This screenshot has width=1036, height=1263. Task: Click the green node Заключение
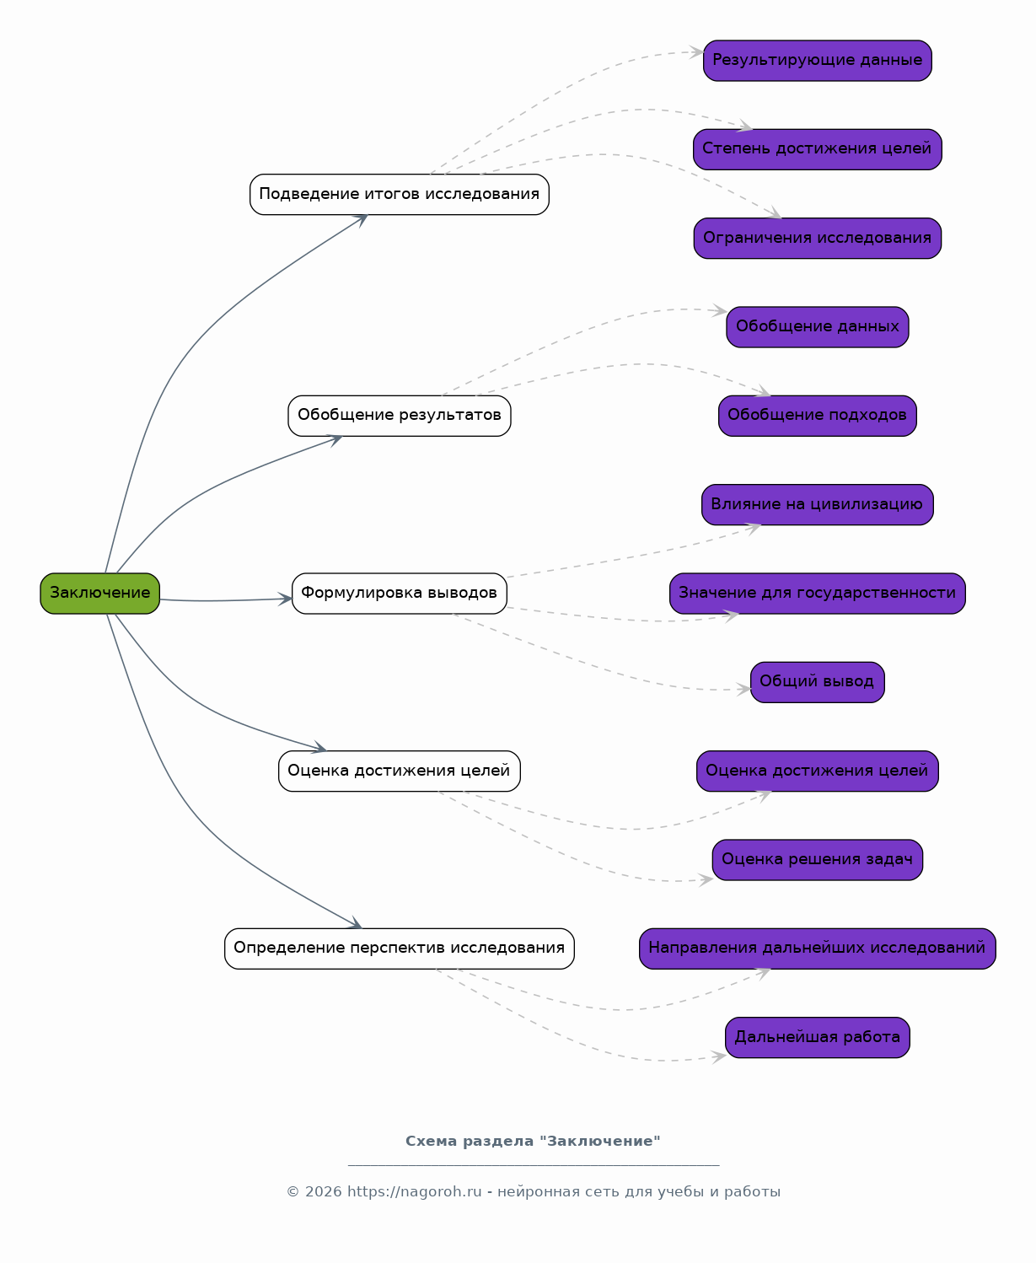100,593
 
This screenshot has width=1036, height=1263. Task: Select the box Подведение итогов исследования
400,195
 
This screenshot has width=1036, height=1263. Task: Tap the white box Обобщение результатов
400,416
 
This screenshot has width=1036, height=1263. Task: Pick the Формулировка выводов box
400,594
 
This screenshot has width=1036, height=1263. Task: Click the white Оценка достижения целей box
400,771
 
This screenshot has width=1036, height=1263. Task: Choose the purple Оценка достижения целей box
818,771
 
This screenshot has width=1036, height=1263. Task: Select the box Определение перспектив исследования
400,949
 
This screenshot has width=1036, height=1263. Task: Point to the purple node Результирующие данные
818,61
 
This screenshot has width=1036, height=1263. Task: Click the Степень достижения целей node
818,150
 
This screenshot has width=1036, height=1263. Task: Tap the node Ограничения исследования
818,239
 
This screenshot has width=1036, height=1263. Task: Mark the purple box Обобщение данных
818,327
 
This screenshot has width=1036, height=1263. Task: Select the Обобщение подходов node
818,416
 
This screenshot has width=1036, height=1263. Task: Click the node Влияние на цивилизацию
818,505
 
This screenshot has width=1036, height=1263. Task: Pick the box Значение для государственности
818,594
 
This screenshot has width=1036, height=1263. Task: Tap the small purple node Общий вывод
818,682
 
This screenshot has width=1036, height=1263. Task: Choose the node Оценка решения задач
818,860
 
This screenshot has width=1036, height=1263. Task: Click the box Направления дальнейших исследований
818,949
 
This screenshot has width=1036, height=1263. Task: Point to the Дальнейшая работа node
818,1038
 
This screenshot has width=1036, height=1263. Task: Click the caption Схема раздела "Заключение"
533,1142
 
